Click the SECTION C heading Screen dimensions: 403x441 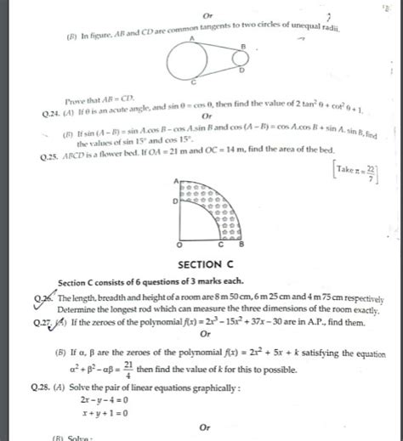(x=200, y=264)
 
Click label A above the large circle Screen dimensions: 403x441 (x=193, y=38)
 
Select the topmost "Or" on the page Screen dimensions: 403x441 (x=207, y=15)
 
